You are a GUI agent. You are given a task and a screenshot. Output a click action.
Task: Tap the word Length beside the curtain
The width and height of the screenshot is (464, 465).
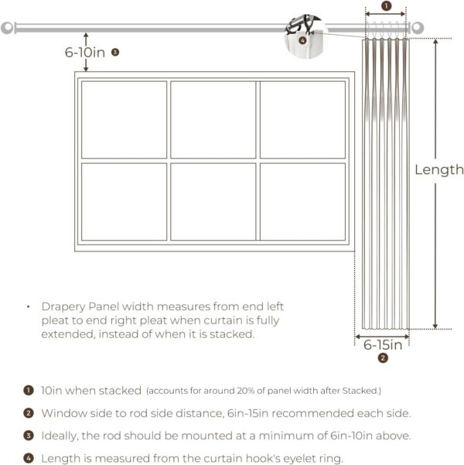pos(439,169)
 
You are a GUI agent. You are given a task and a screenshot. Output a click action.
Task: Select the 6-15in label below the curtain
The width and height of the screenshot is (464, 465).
pos(383,345)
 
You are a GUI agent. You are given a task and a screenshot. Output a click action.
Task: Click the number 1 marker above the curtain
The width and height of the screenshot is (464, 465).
pos(387,6)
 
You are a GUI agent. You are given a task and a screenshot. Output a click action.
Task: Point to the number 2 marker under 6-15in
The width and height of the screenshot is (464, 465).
pos(382,358)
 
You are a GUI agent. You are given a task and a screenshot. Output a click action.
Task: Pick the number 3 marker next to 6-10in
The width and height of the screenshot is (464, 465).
pos(114,53)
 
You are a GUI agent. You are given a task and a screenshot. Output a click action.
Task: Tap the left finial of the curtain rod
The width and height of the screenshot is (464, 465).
pos(8,28)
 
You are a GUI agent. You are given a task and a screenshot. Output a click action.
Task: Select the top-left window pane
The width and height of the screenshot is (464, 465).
pos(124,119)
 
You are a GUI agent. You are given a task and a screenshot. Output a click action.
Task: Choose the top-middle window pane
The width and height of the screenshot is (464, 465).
pos(213,119)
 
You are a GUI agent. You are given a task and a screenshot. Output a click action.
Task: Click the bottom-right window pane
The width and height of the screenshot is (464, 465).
pos(302,201)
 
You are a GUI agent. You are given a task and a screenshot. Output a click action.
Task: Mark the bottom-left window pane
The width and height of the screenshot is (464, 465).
pos(124,201)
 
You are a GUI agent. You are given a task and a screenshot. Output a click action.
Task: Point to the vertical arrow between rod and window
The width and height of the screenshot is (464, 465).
pos(87,51)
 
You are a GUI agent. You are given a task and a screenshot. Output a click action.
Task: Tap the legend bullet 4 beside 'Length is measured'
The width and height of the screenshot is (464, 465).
pos(29,459)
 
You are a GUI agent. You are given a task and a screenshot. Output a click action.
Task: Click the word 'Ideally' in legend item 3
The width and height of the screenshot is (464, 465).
pos(60,436)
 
